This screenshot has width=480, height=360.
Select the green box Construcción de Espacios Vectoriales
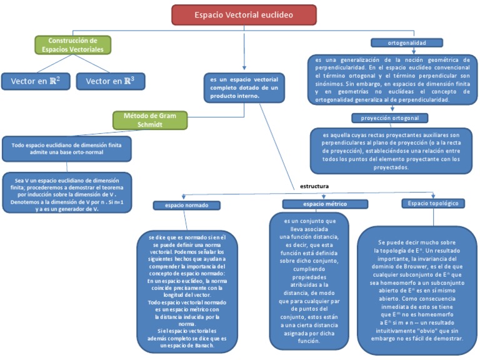(72, 44)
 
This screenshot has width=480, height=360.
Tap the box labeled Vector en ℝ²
(36, 81)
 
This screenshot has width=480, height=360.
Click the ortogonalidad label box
(407, 42)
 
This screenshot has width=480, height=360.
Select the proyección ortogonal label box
(389, 117)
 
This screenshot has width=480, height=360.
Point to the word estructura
(314, 186)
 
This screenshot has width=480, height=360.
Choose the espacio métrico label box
(316, 204)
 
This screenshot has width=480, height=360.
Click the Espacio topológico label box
(433, 204)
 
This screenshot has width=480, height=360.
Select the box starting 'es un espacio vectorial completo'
(244, 87)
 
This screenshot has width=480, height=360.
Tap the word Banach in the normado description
(204, 345)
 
